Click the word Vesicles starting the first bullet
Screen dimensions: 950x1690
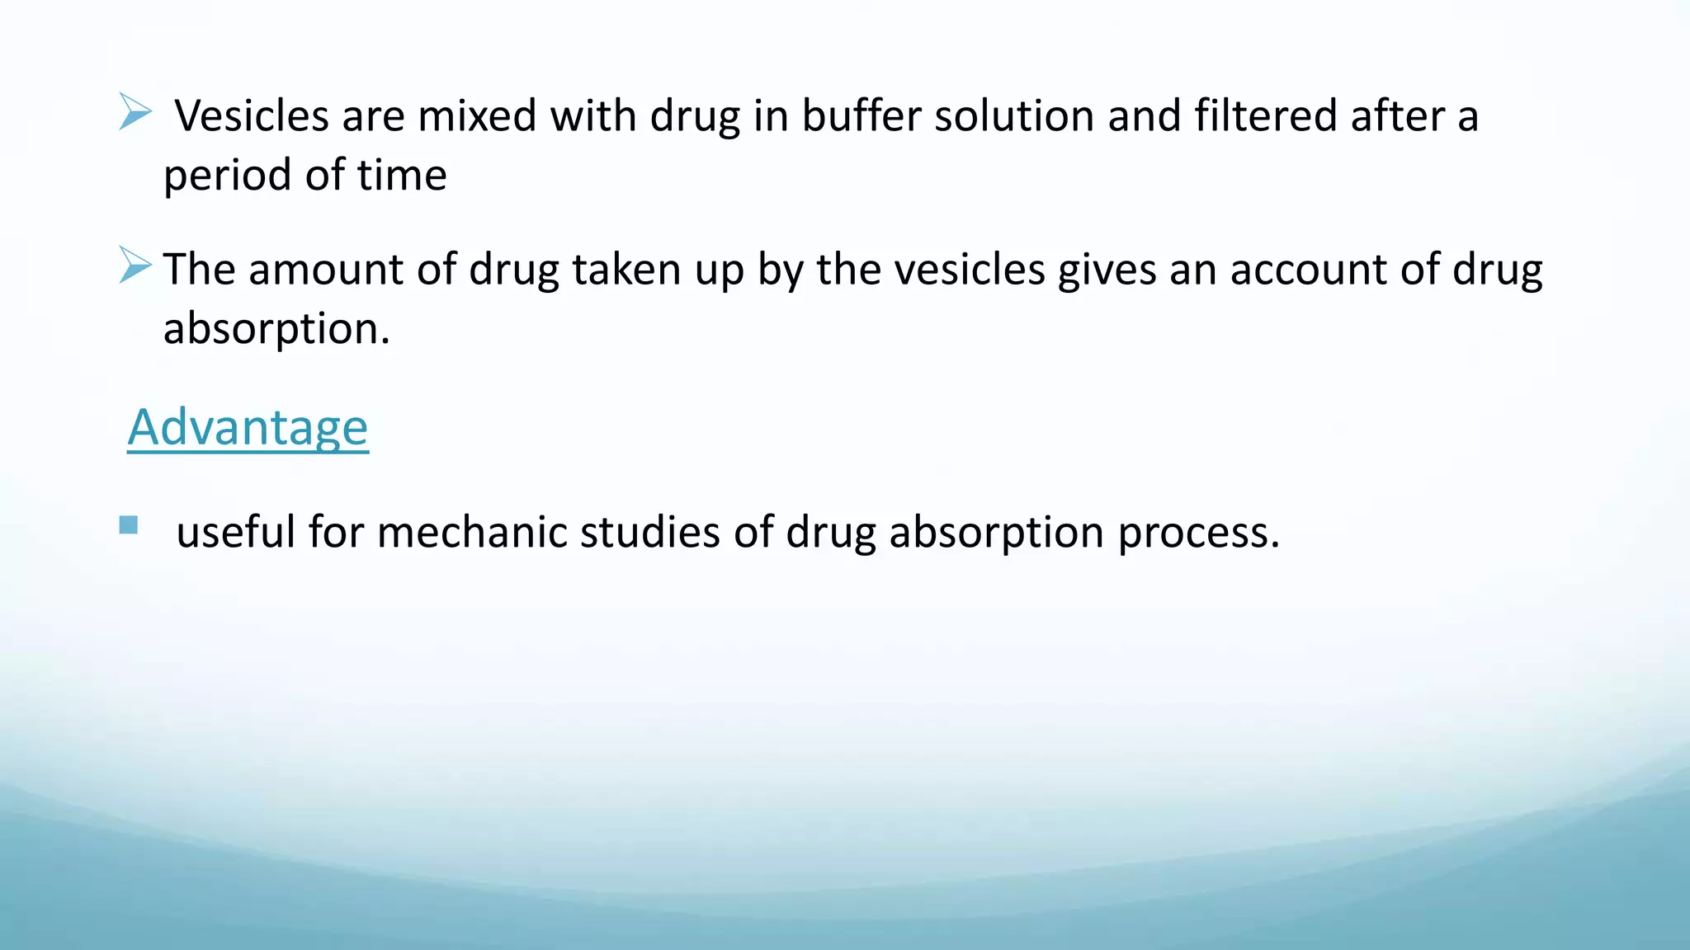252,115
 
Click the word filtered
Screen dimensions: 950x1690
1266,115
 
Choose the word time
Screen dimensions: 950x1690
401,175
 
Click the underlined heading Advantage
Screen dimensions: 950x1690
248,428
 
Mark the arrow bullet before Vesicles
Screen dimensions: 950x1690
135,111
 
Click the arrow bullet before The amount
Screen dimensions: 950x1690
135,265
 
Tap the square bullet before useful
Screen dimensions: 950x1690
128,525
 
